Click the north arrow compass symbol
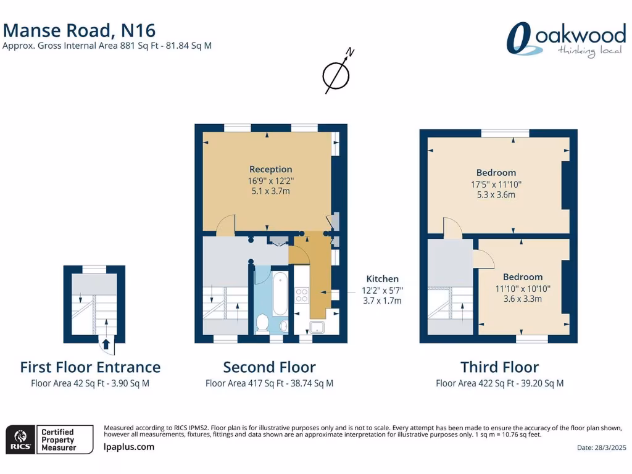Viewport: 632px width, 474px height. (336, 72)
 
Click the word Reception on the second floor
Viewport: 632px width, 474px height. (270, 169)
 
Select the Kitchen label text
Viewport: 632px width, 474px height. (383, 279)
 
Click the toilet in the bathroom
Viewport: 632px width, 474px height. (262, 323)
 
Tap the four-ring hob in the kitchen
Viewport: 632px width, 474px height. (302, 295)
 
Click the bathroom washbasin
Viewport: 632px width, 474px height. (283, 325)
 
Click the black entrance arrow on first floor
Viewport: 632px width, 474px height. (106, 344)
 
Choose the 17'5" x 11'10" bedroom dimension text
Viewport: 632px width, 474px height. (496, 184)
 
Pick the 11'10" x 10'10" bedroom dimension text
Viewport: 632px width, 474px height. (522, 288)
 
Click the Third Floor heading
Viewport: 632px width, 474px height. (499, 367)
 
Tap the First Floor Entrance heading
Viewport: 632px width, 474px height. (90, 367)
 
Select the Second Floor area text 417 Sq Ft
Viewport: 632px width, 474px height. (269, 383)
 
